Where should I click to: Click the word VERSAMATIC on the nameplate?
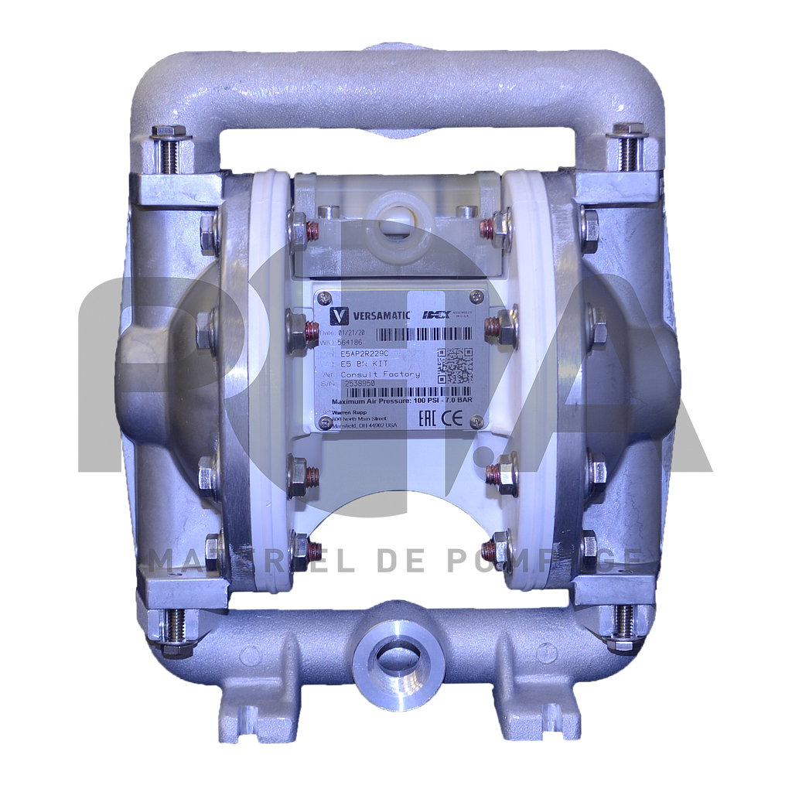click(x=381, y=316)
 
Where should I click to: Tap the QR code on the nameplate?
click(x=456, y=365)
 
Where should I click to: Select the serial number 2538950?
click(x=359, y=384)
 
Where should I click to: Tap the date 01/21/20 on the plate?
click(x=357, y=332)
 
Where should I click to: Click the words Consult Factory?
click(x=380, y=374)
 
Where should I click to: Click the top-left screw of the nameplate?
click(x=323, y=297)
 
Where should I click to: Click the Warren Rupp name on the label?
click(x=346, y=413)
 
